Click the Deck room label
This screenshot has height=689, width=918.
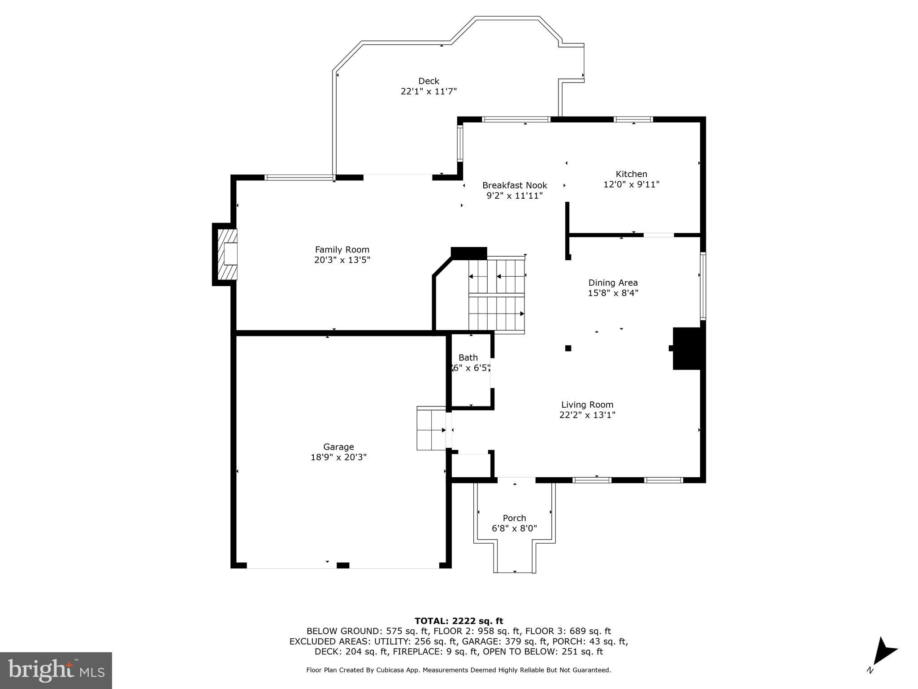pyautogui.click(x=429, y=81)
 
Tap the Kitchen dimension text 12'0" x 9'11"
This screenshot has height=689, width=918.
pyautogui.click(x=631, y=184)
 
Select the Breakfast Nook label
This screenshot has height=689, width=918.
pyautogui.click(x=515, y=185)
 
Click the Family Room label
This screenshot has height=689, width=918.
pyautogui.click(x=342, y=250)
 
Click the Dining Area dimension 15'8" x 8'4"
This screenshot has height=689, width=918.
pyautogui.click(x=613, y=293)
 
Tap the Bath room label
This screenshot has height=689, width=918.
pyautogui.click(x=468, y=358)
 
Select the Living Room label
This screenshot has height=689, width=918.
pyautogui.click(x=587, y=405)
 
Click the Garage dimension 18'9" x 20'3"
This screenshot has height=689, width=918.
pyautogui.click(x=338, y=457)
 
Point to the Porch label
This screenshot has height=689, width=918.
pyautogui.click(x=514, y=518)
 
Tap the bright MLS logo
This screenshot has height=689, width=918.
pyautogui.click(x=56, y=670)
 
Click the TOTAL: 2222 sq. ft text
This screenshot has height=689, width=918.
pyautogui.click(x=459, y=621)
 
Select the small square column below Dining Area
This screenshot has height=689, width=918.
pyautogui.click(x=568, y=348)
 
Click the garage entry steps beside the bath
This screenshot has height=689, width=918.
pyautogui.click(x=431, y=428)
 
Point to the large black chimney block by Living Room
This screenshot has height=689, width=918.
pyautogui.click(x=687, y=349)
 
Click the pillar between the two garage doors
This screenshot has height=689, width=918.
pyautogui.click(x=343, y=565)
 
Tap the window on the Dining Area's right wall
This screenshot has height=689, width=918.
pyautogui.click(x=703, y=286)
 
